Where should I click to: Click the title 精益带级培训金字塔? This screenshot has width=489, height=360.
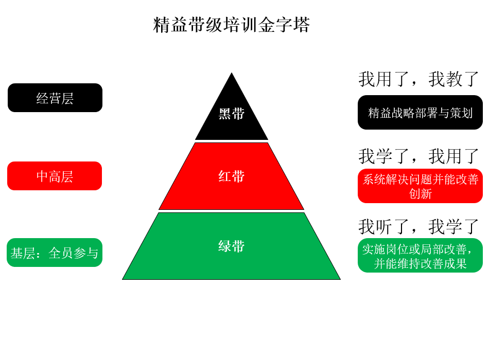tap(232, 25)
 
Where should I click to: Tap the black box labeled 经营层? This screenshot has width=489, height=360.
tap(55, 98)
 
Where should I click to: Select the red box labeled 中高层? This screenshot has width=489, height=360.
tap(55, 176)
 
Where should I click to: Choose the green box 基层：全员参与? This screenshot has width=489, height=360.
tap(55, 253)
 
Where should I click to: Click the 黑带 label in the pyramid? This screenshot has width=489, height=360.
tap(232, 114)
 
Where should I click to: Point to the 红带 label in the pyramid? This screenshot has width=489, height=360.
tap(232, 176)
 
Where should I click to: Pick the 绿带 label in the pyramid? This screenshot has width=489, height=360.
tap(232, 246)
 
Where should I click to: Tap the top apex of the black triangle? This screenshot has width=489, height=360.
tap(232, 73)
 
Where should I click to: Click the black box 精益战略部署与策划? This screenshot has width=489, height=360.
tap(420, 112)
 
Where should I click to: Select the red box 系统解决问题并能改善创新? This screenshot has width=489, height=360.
tap(420, 186)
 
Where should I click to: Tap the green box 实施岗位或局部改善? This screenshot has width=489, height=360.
tap(420, 255)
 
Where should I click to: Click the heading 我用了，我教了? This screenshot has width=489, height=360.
tap(418, 79)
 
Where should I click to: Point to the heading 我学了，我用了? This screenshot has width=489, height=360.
tap(418, 156)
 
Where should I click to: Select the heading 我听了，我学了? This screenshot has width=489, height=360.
tap(418, 227)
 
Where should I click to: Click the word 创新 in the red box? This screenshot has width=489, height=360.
tap(421, 194)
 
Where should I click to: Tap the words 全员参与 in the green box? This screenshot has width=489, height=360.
tap(74, 253)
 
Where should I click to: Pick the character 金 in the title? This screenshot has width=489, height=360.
tap(266, 25)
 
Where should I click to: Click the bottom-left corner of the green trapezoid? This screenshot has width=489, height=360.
tap(123, 279)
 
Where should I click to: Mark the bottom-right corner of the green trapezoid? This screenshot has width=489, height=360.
tap(341, 279)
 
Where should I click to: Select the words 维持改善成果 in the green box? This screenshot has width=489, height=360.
tap(432, 264)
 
